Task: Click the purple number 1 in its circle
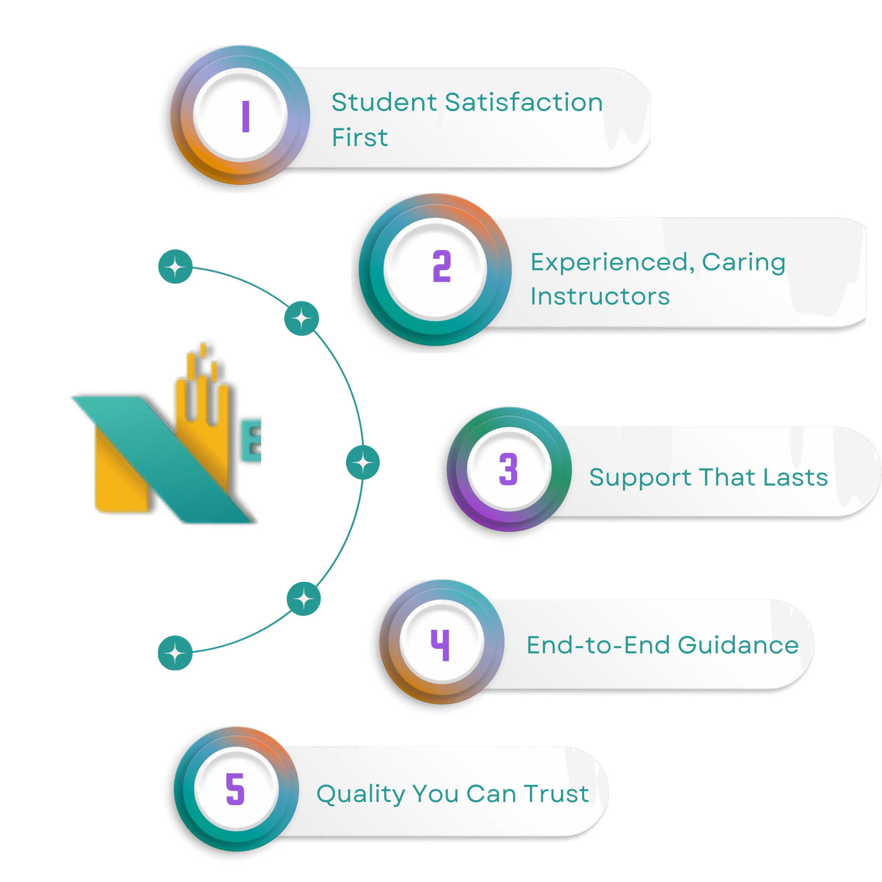246,117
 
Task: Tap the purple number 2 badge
441,266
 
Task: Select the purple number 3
508,469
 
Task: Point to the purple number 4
441,645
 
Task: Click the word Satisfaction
524,102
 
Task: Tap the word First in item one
360,137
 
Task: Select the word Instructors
600,296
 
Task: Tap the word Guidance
738,645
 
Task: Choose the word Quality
361,794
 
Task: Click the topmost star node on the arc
175,267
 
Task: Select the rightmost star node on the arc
363,462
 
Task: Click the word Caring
743,262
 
